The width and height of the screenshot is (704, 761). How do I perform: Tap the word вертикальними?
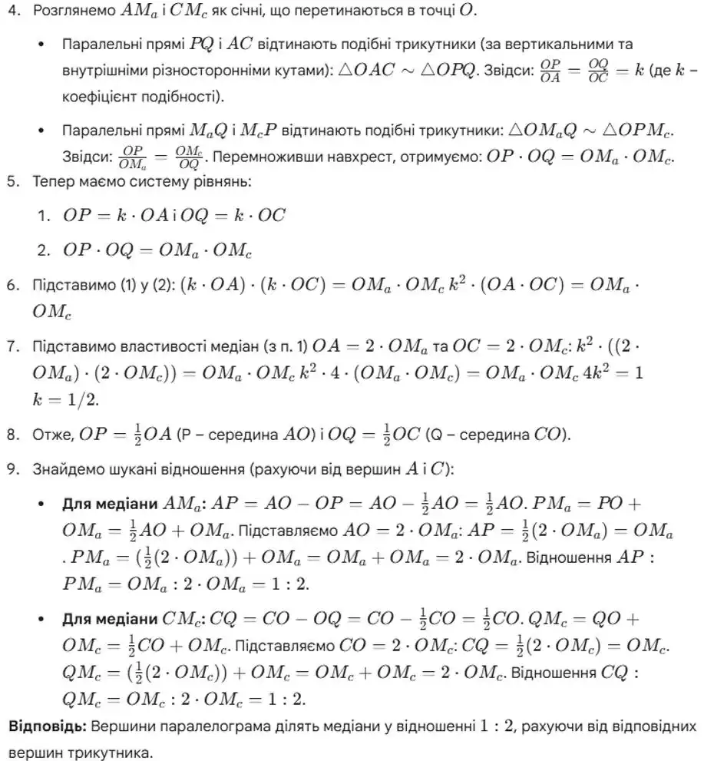578,45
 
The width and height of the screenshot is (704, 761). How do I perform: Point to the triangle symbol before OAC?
347,69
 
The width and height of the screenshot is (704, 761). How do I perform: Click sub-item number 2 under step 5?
44,250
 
